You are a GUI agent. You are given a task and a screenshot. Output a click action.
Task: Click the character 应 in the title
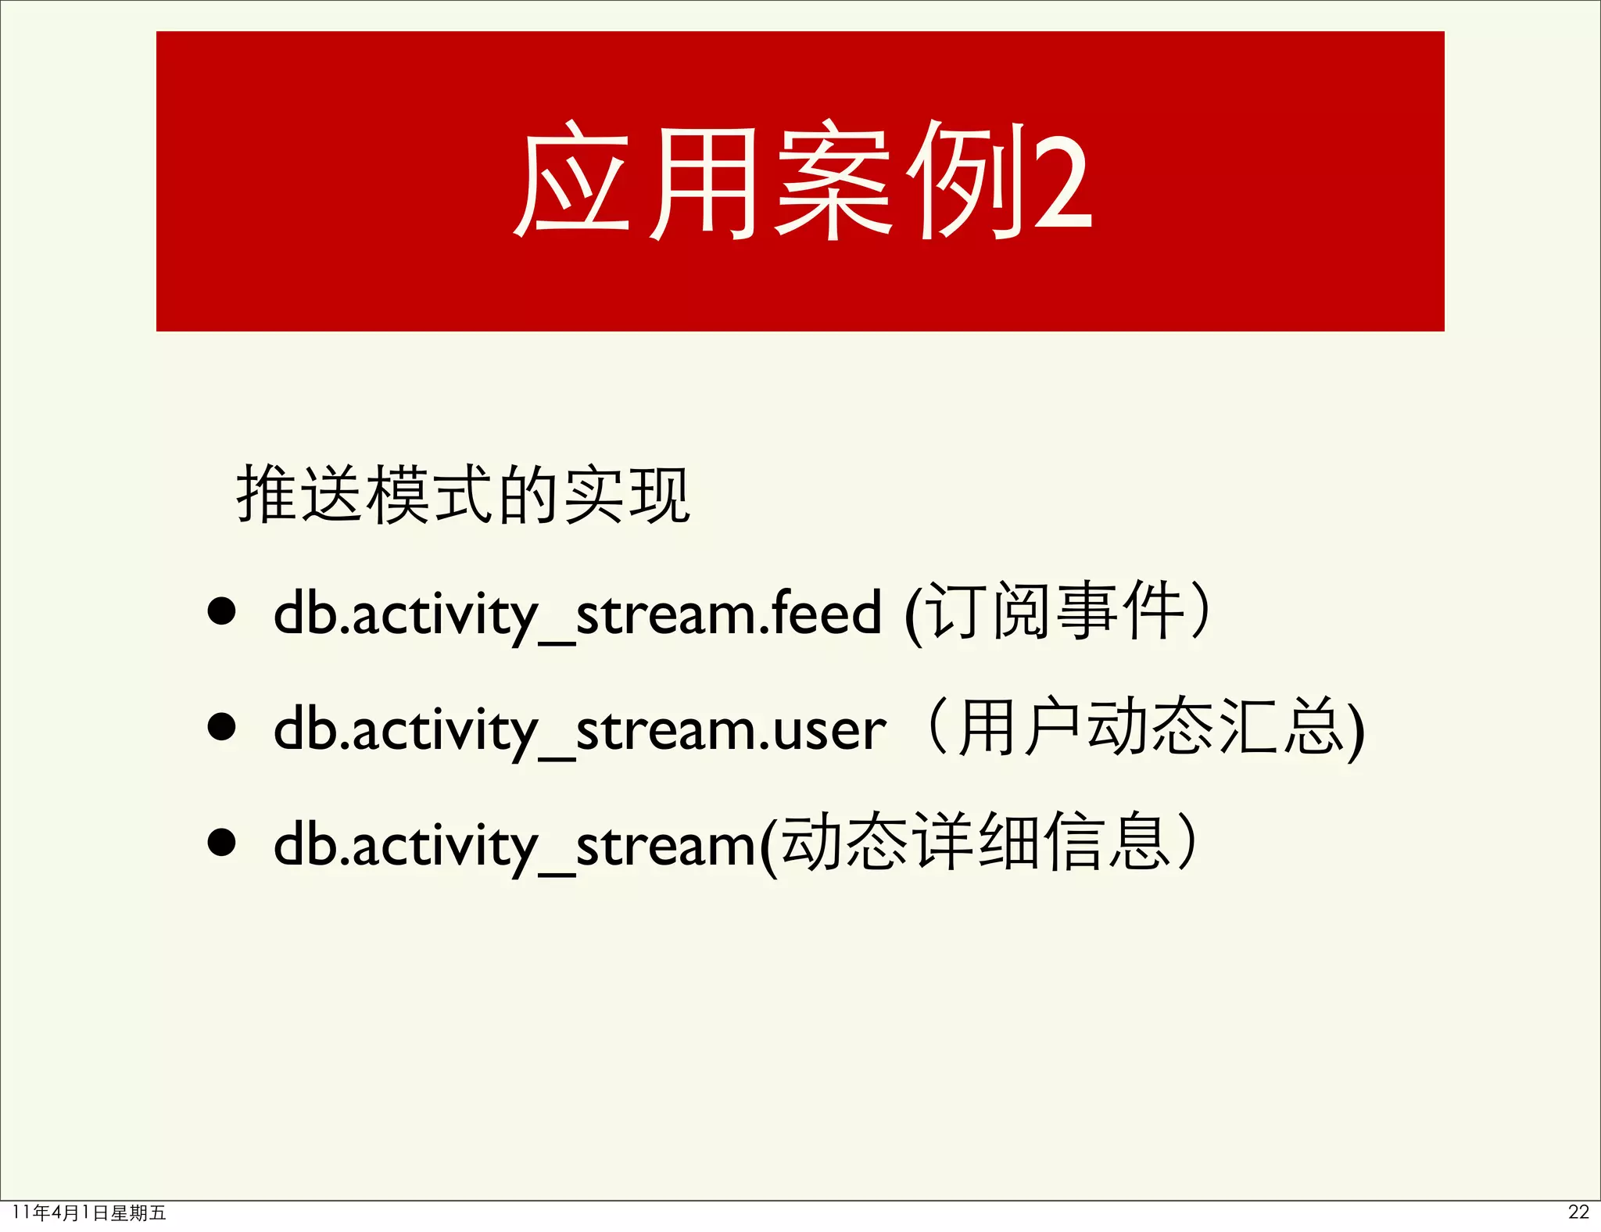coord(572,181)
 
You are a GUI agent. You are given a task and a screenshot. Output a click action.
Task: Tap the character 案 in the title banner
coord(834,181)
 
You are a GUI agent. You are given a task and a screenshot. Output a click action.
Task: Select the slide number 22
coord(1578,1212)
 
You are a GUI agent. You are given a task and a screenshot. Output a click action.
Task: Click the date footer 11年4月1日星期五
coord(89,1212)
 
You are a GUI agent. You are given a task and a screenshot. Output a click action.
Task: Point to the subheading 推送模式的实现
coord(463,495)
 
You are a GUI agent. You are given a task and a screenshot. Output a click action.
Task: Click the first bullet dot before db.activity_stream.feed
coord(222,612)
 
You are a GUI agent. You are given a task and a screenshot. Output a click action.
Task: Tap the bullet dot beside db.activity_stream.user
coord(222,727)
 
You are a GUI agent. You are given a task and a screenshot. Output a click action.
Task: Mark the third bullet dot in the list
coord(222,843)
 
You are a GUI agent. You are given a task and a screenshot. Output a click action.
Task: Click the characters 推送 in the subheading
coord(301,495)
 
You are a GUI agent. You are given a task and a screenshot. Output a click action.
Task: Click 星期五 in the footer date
coord(138,1212)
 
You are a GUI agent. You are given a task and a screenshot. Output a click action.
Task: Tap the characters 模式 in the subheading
coord(432,495)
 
